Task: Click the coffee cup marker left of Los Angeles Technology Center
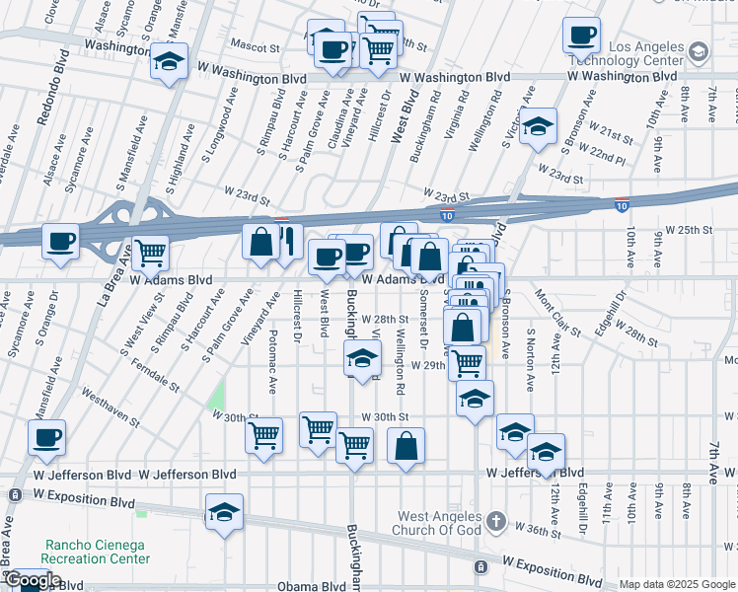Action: coord(581,36)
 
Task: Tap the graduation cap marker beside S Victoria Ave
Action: coord(538,127)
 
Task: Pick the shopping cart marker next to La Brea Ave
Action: coord(149,254)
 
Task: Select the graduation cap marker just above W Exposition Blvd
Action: coord(224,513)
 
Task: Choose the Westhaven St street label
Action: coord(110,406)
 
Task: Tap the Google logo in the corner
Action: coord(32,580)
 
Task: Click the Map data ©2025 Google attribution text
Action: coord(676,584)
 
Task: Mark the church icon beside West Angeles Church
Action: coord(495,519)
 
